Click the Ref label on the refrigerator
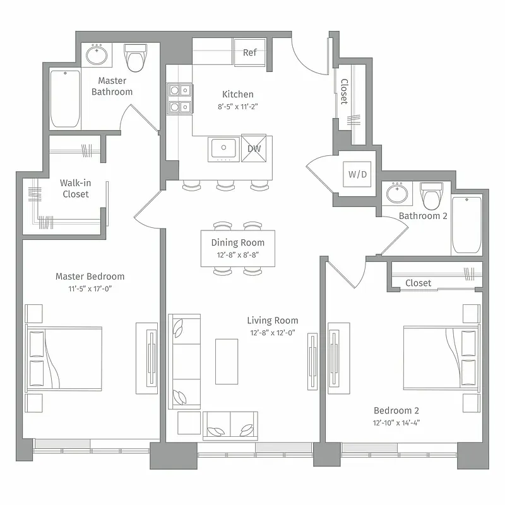(250, 52)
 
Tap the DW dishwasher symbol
(254, 148)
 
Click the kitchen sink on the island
(223, 148)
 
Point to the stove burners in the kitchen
(179, 99)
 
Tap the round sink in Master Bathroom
(97, 56)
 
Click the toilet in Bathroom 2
(432, 196)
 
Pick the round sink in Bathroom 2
(397, 193)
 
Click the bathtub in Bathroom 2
(466, 224)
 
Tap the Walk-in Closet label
(75, 188)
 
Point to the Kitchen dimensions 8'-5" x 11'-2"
(238, 107)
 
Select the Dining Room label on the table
(238, 242)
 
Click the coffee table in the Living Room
(227, 361)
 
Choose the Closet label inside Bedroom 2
(418, 283)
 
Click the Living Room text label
(272, 321)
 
